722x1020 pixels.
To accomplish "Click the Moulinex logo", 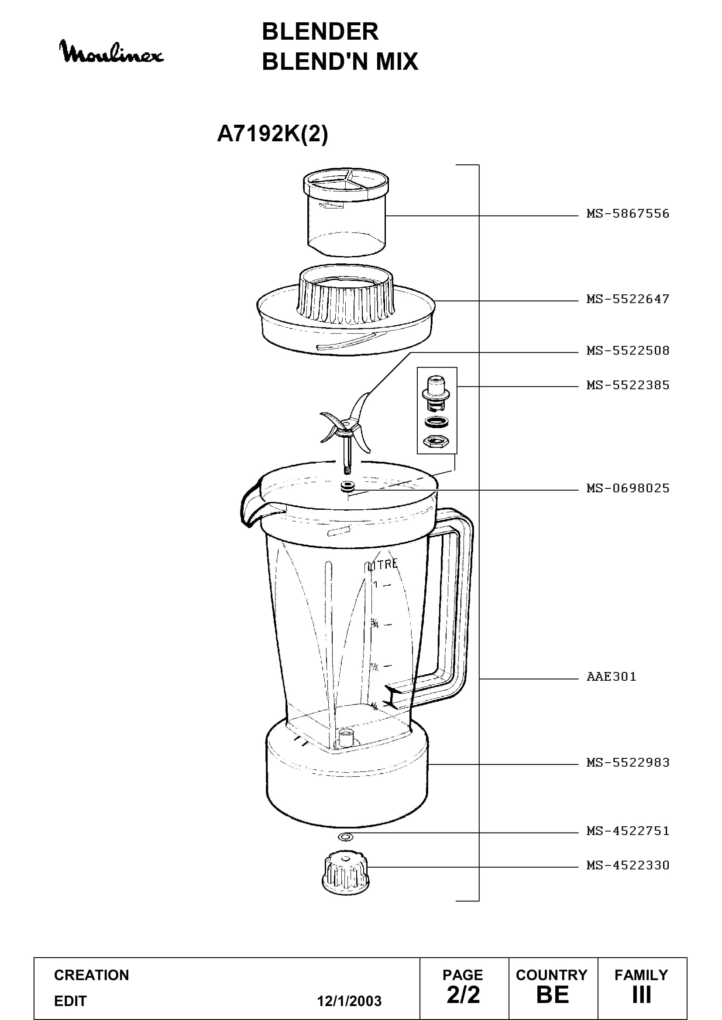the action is pos(111,52).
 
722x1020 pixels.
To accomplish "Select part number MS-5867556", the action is pos(628,214).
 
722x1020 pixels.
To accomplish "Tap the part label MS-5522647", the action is pos(628,299).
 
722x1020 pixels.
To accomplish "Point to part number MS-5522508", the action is pos(628,351).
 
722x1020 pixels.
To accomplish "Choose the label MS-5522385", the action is pos(628,385).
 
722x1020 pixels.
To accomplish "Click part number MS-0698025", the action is pos(628,488).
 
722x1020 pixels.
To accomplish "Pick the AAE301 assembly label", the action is pos(611,677).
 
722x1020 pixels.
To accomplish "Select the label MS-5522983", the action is pos(628,763).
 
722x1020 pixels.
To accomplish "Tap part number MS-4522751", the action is pos(628,831).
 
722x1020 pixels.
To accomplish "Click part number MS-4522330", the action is pos(628,865).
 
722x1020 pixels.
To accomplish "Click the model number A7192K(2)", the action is pos(272,133).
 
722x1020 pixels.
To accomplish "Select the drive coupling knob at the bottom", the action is pos(345,872).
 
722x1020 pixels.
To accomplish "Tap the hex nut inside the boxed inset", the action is pos(436,441).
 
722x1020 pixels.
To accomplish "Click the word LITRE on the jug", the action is pos(382,565).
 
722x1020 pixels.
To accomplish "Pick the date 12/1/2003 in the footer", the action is pos(349,1001).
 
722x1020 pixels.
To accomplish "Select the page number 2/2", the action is pos(463,995).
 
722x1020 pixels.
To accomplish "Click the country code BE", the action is pos(553,995).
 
